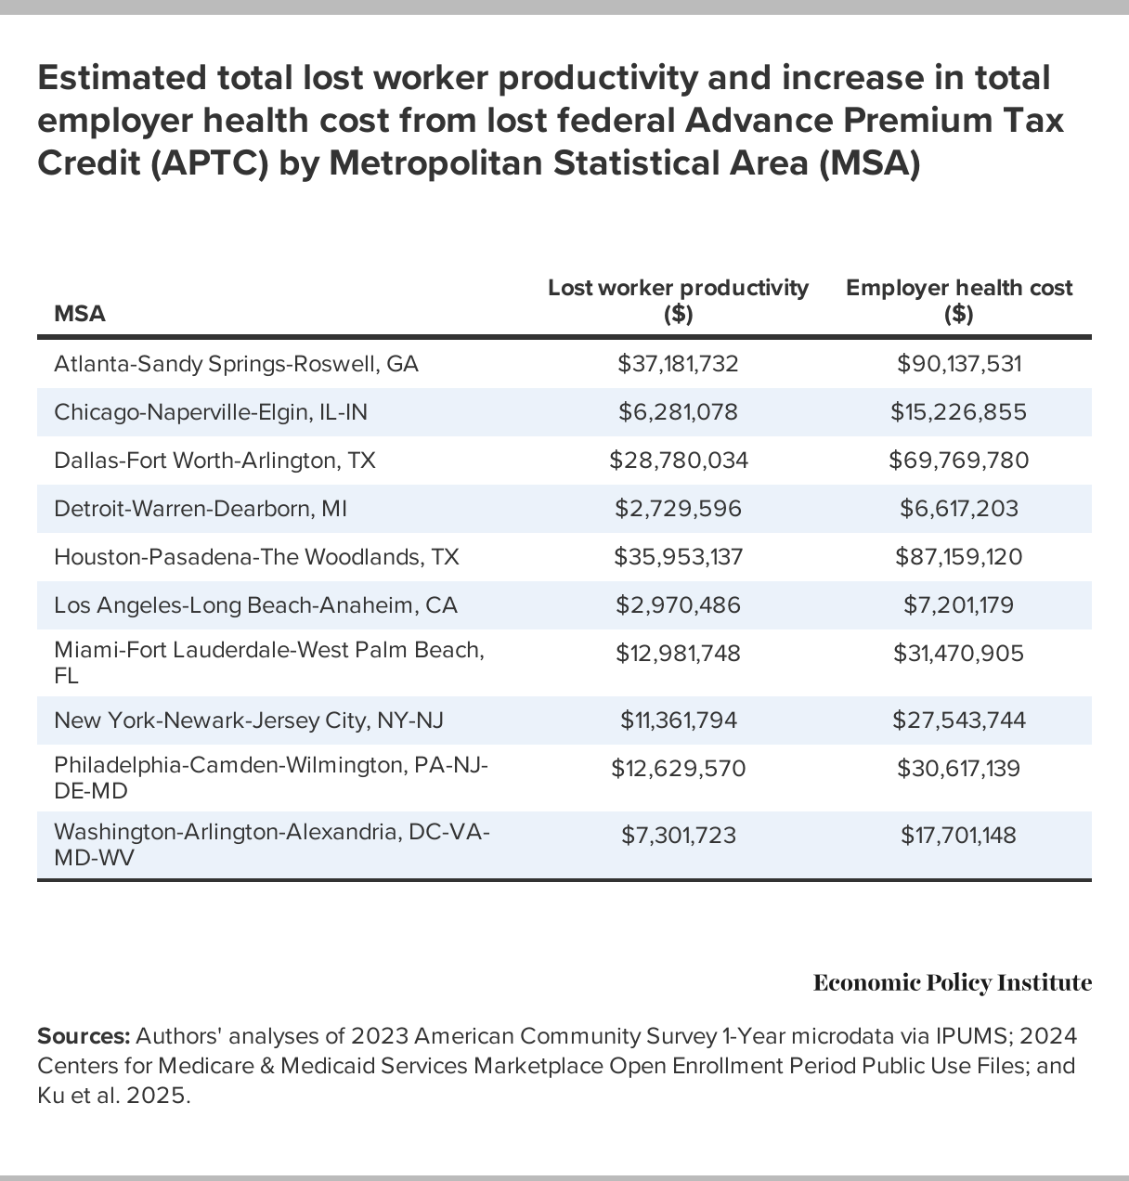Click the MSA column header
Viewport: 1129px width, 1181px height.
point(80,314)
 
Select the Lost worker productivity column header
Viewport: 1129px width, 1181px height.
point(678,300)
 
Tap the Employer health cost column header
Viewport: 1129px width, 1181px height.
point(958,300)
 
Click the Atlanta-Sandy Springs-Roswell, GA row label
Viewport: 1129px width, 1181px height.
point(236,364)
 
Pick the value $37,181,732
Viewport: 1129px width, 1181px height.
point(678,364)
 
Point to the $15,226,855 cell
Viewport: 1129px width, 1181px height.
point(958,412)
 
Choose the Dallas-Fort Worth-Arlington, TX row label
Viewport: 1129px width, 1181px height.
point(214,461)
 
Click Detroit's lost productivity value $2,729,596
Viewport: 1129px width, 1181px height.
point(678,509)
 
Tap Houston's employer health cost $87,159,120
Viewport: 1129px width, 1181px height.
point(958,557)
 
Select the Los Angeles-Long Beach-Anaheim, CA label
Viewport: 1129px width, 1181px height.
point(255,605)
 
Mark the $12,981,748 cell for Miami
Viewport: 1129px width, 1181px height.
point(678,654)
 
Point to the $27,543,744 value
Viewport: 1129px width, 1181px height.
point(958,720)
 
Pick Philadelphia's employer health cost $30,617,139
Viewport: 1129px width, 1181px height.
point(958,769)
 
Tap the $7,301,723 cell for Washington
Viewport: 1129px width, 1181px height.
point(678,836)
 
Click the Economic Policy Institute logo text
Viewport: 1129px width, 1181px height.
point(952,983)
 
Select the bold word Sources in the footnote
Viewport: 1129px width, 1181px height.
point(83,1036)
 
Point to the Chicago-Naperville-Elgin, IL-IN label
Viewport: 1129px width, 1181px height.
point(211,412)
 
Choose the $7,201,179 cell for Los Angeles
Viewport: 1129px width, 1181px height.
point(958,605)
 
